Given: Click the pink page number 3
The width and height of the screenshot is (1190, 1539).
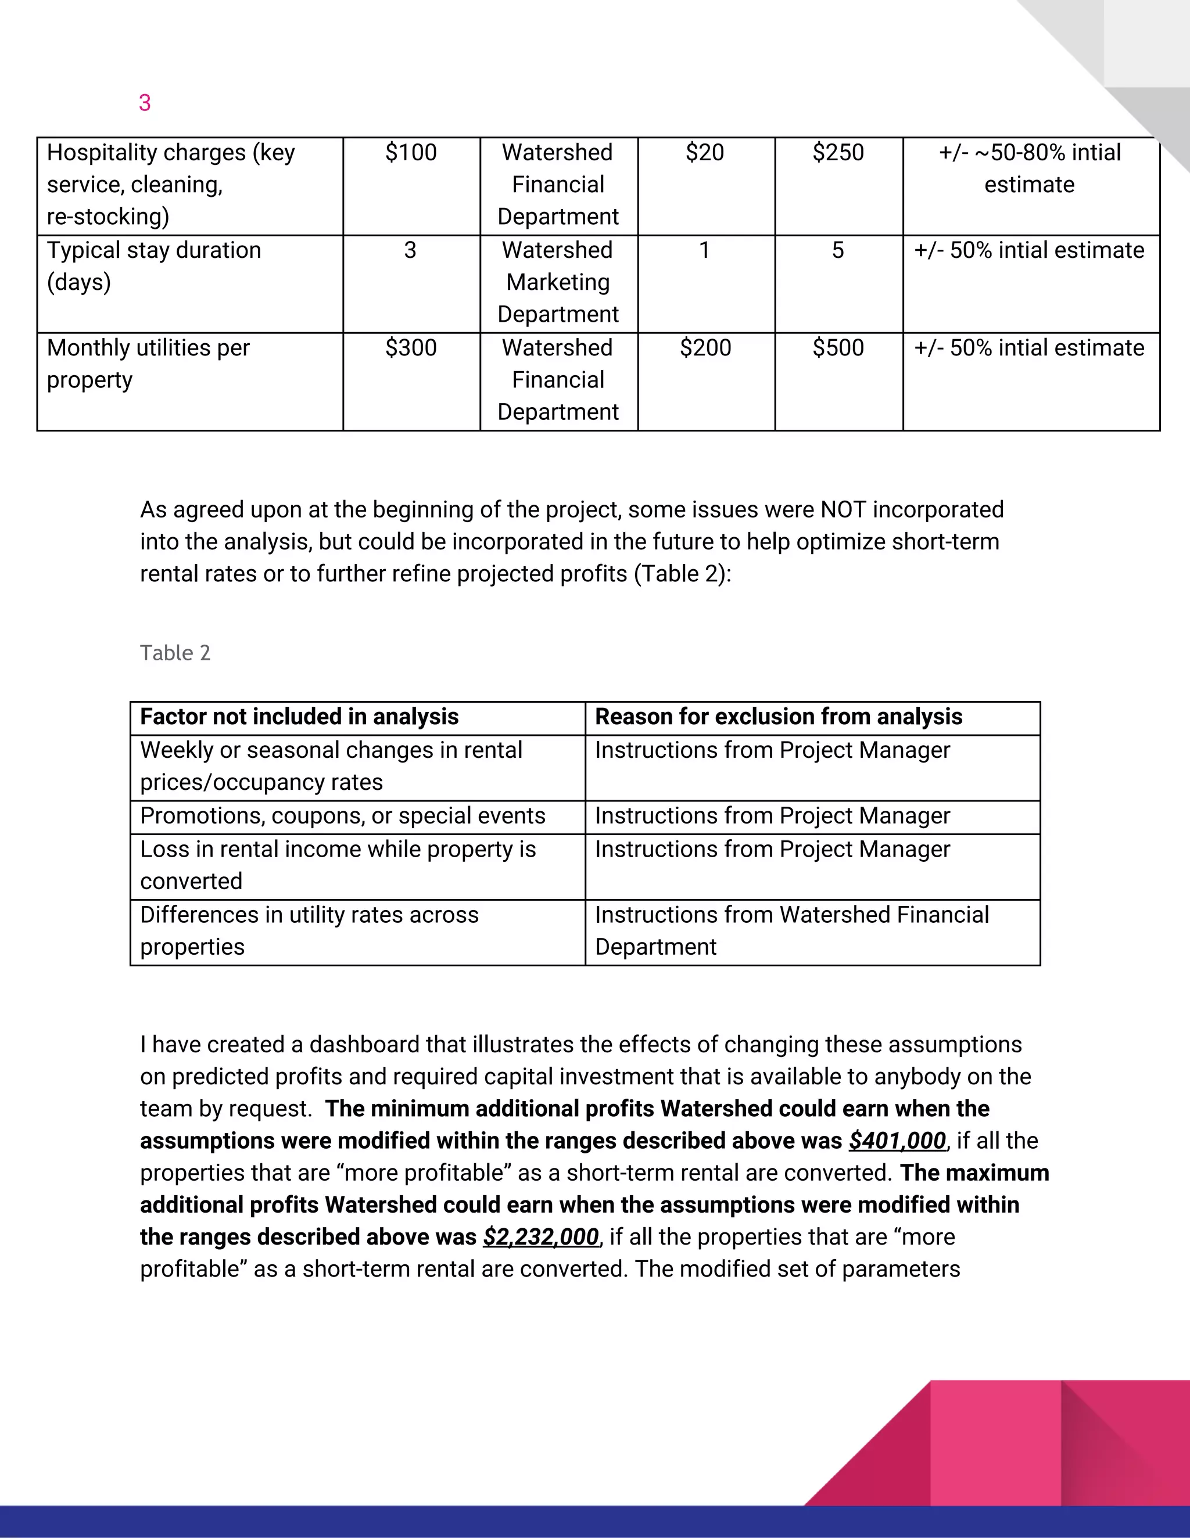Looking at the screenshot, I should [145, 103].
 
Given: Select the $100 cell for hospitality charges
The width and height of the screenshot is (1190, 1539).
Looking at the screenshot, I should [411, 153].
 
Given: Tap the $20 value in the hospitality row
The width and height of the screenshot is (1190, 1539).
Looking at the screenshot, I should [704, 153].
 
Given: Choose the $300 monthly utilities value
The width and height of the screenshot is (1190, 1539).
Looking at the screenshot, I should [411, 348].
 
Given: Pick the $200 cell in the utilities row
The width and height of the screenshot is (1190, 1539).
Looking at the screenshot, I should [705, 348].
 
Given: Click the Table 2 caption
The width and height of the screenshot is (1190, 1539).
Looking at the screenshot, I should [175, 653].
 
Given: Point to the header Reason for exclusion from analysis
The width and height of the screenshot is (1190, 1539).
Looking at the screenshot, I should [778, 717].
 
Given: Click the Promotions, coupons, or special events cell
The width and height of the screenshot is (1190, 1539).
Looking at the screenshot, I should [343, 816].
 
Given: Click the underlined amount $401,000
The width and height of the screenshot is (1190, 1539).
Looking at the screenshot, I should [897, 1141].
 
